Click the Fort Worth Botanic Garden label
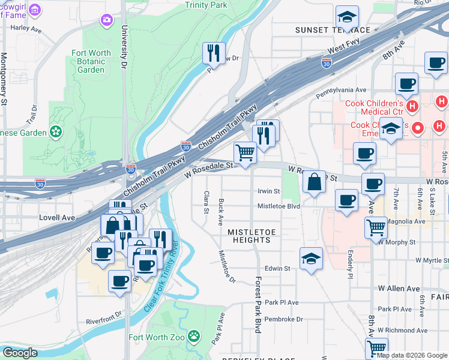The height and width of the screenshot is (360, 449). [91, 61]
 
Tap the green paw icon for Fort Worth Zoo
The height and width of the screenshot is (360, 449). [194, 336]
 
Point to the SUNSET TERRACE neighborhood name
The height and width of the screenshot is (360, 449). [332, 30]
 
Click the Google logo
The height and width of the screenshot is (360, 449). [20, 353]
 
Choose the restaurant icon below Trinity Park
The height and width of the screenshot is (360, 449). [214, 53]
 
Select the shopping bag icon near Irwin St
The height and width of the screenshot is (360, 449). [314, 182]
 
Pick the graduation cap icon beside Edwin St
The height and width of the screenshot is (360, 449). [310, 259]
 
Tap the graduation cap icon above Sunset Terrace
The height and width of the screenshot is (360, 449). [347, 17]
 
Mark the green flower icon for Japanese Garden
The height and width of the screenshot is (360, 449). [56, 131]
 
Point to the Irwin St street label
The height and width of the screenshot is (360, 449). [268, 191]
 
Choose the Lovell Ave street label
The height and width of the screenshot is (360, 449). [56, 217]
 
